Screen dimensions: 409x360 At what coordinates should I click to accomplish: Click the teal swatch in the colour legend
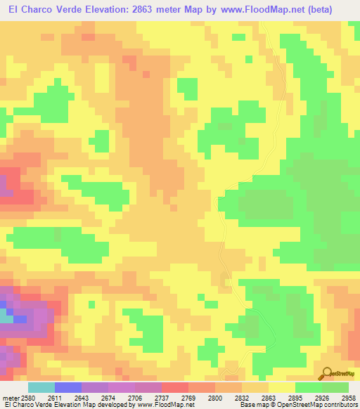tap(41, 387)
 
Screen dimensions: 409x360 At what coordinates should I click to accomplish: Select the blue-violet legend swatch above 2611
tap(68, 387)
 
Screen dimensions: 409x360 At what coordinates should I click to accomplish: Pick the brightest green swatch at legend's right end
tap(335, 387)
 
